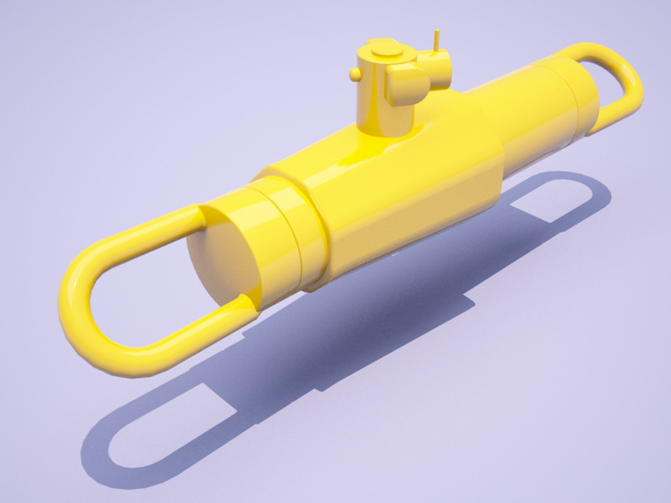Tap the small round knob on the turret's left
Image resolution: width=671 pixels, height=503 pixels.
click(x=355, y=74)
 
